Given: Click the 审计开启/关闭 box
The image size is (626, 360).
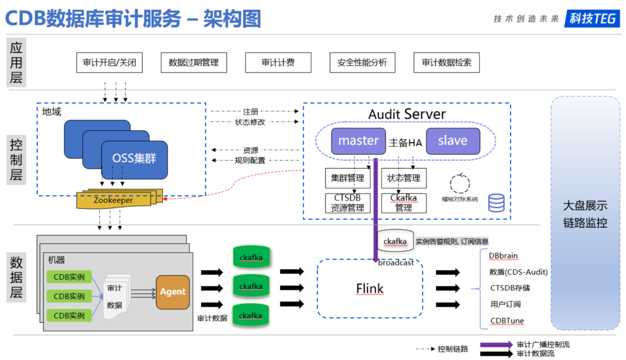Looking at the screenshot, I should pyautogui.click(x=109, y=63).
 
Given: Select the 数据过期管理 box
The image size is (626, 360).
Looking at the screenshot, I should pyautogui.click(x=194, y=63).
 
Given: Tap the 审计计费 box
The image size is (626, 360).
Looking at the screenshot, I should pyautogui.click(x=278, y=63).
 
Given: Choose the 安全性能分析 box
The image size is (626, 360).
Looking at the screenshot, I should pyautogui.click(x=362, y=63).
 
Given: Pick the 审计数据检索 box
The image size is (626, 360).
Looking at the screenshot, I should pyautogui.click(x=446, y=63).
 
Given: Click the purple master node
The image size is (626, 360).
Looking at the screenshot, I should pyautogui.click(x=359, y=141).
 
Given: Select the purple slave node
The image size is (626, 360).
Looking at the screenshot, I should pyautogui.click(x=453, y=141).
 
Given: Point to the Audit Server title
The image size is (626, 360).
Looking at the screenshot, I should pyautogui.click(x=407, y=114).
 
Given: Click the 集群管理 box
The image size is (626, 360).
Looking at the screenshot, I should pyautogui.click(x=347, y=178).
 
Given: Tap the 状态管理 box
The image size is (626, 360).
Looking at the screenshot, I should pyautogui.click(x=403, y=178).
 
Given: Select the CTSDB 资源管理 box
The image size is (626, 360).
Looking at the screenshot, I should pyautogui.click(x=347, y=203).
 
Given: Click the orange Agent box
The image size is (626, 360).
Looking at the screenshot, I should pyautogui.click(x=173, y=292).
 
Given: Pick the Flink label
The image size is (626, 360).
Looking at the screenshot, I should pyautogui.click(x=370, y=289).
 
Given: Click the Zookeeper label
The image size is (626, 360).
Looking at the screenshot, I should pyautogui.click(x=113, y=200).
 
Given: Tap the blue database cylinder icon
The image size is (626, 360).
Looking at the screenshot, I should pyautogui.click(x=496, y=203).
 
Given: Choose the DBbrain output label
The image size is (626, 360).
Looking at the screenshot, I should pyautogui.click(x=503, y=256).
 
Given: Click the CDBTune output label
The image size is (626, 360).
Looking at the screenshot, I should pyautogui.click(x=504, y=321).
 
